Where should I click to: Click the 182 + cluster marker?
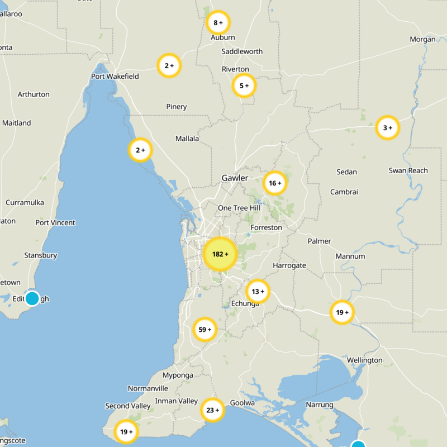220,254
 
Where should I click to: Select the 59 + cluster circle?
205,330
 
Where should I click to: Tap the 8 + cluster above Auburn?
218,23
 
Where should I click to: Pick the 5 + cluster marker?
244,86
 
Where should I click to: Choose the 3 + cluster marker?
387,128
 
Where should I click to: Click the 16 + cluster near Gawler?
275,183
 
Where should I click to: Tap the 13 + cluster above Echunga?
258,291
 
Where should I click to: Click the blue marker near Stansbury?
32,298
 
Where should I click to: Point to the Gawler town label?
235,178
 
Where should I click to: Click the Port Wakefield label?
115,76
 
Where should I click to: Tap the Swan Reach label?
408,170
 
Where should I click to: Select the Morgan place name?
422,39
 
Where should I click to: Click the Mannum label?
350,256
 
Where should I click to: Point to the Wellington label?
364,360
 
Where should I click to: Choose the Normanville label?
148,388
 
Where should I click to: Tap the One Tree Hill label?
239,208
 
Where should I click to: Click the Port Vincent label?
55,222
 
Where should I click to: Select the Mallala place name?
187,139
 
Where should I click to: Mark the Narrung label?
320,405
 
